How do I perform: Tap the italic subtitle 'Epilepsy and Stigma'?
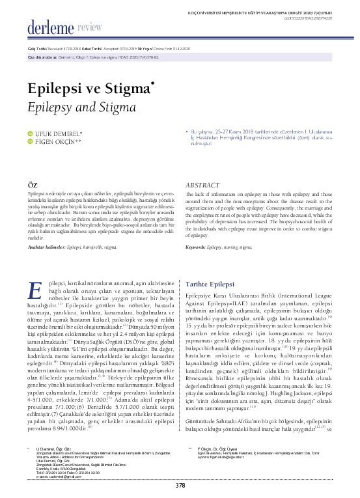point(74,106)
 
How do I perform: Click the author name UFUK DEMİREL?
point(59,134)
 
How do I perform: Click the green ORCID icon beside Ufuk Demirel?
point(29,134)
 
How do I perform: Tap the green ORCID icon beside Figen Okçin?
point(29,142)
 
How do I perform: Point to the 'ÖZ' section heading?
point(31,185)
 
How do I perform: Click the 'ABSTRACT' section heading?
point(202,185)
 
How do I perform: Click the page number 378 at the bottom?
point(180,484)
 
